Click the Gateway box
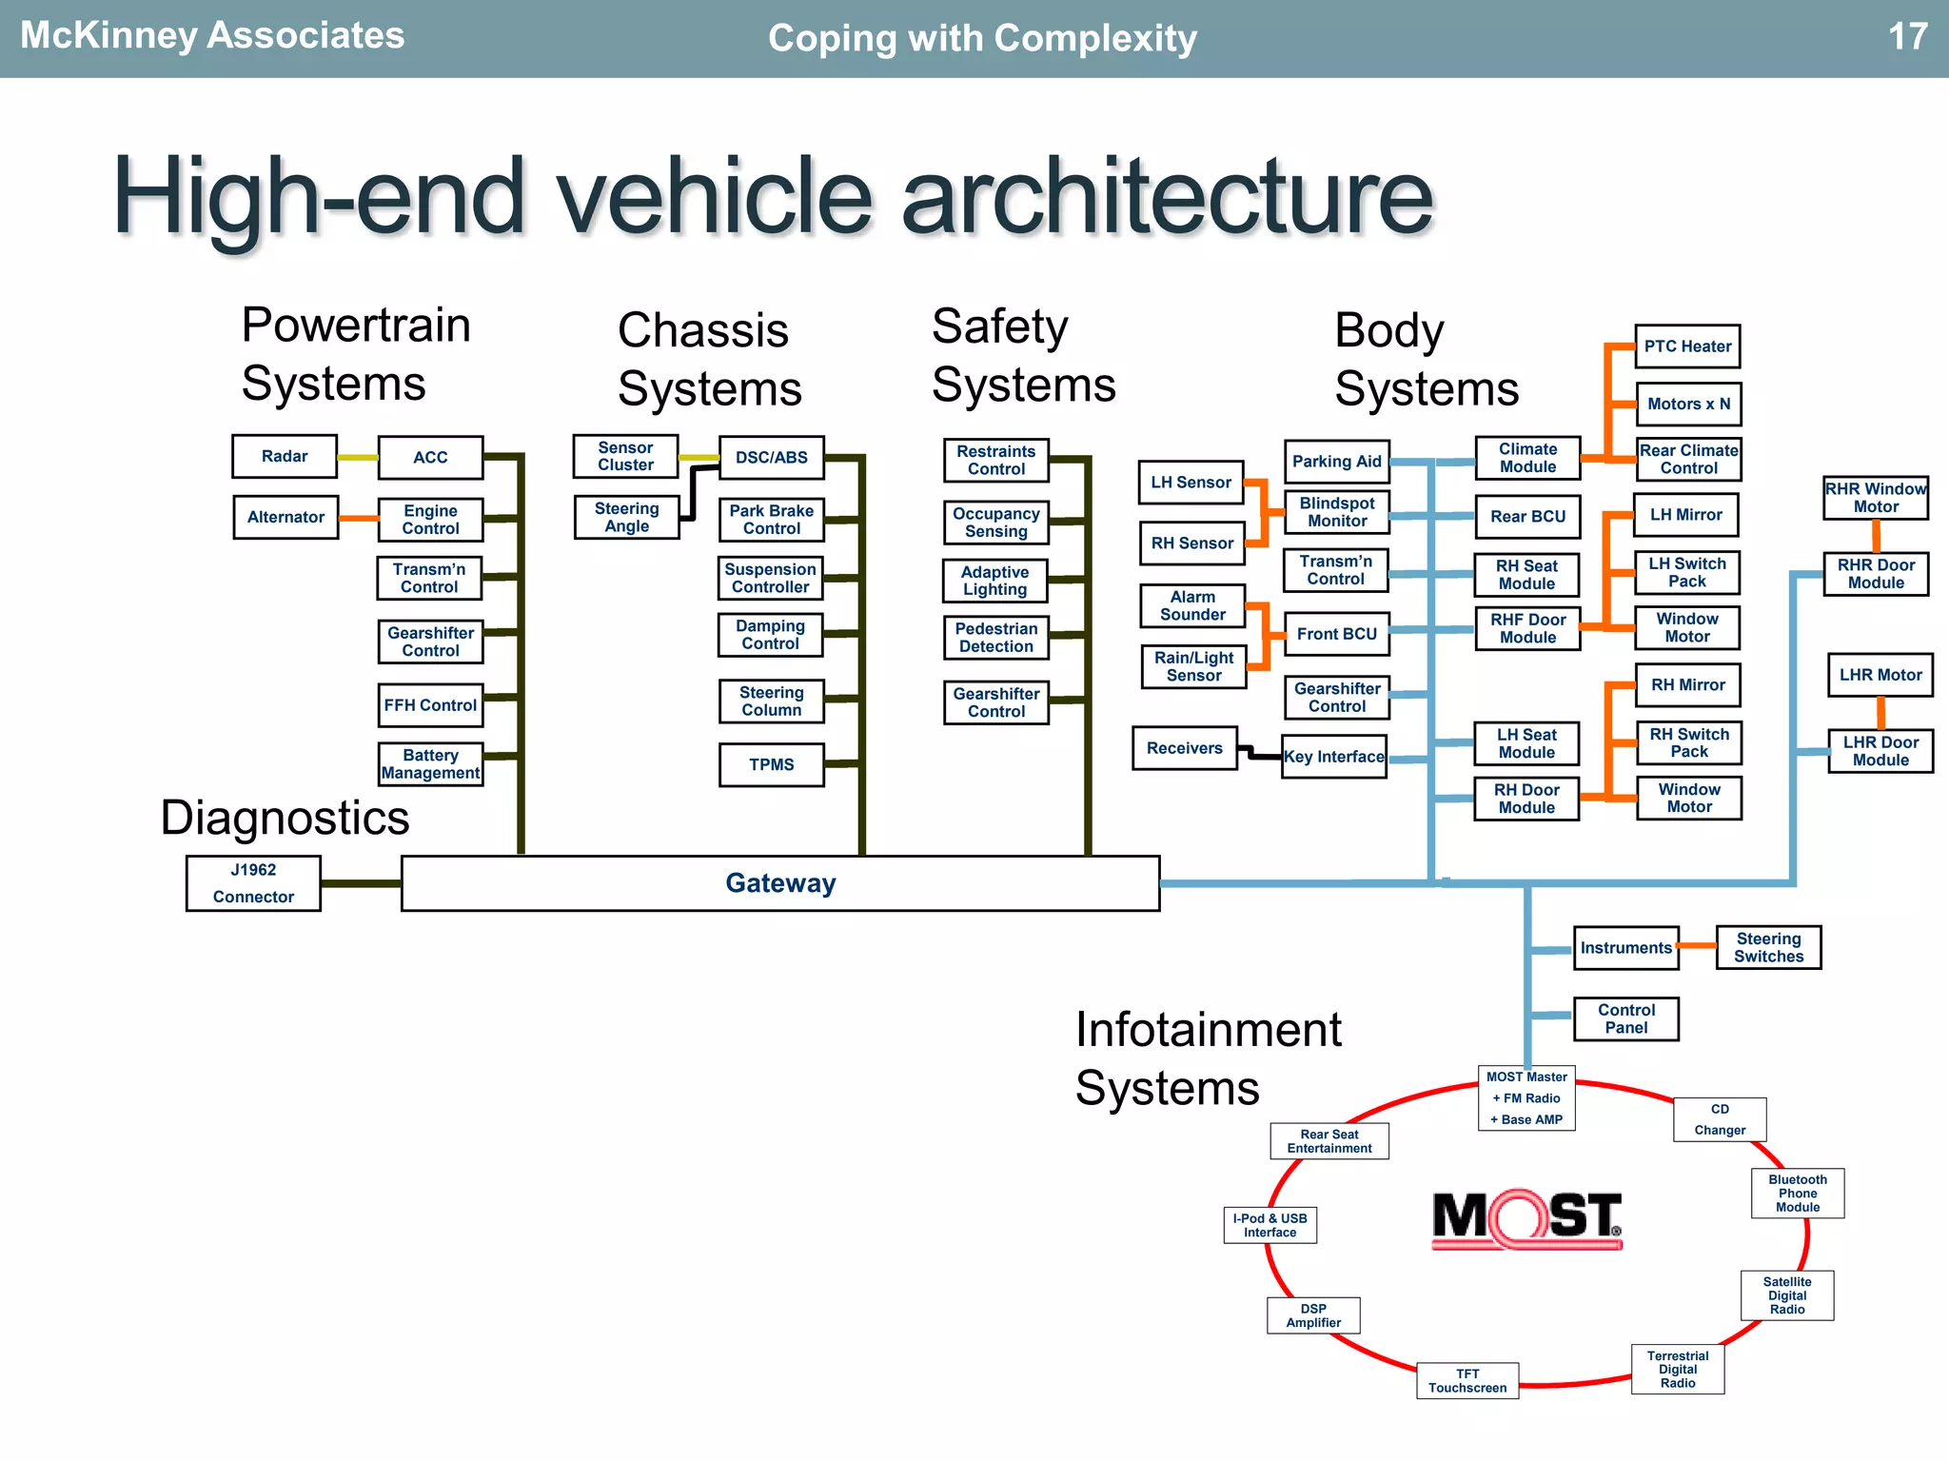pyautogui.click(x=780, y=883)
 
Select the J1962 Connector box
pyautogui.click(x=253, y=883)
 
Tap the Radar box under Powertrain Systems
pyautogui.click(x=285, y=456)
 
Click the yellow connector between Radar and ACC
pyautogui.click(x=358, y=457)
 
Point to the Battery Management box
pyautogui.click(x=430, y=763)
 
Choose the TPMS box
pyautogui.click(x=771, y=764)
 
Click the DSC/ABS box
pyautogui.click(x=771, y=457)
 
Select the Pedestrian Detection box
pyautogui.click(x=995, y=637)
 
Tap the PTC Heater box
pyautogui.click(x=1687, y=346)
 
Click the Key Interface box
pyautogui.click(x=1333, y=757)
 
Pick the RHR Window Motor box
pyautogui.click(x=1876, y=497)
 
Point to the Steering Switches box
pyautogui.click(x=1768, y=947)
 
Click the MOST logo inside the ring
pyautogui.click(x=1527, y=1218)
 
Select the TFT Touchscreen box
pyautogui.click(x=1467, y=1380)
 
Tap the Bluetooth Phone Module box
pyautogui.click(x=1797, y=1193)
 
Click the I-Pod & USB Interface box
pyautogui.click(x=1270, y=1225)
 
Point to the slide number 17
pyautogui.click(x=1907, y=37)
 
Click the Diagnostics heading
pyautogui.click(x=285, y=818)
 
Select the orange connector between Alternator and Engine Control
pyautogui.click(x=359, y=518)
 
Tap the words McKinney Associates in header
pyautogui.click(x=212, y=35)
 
